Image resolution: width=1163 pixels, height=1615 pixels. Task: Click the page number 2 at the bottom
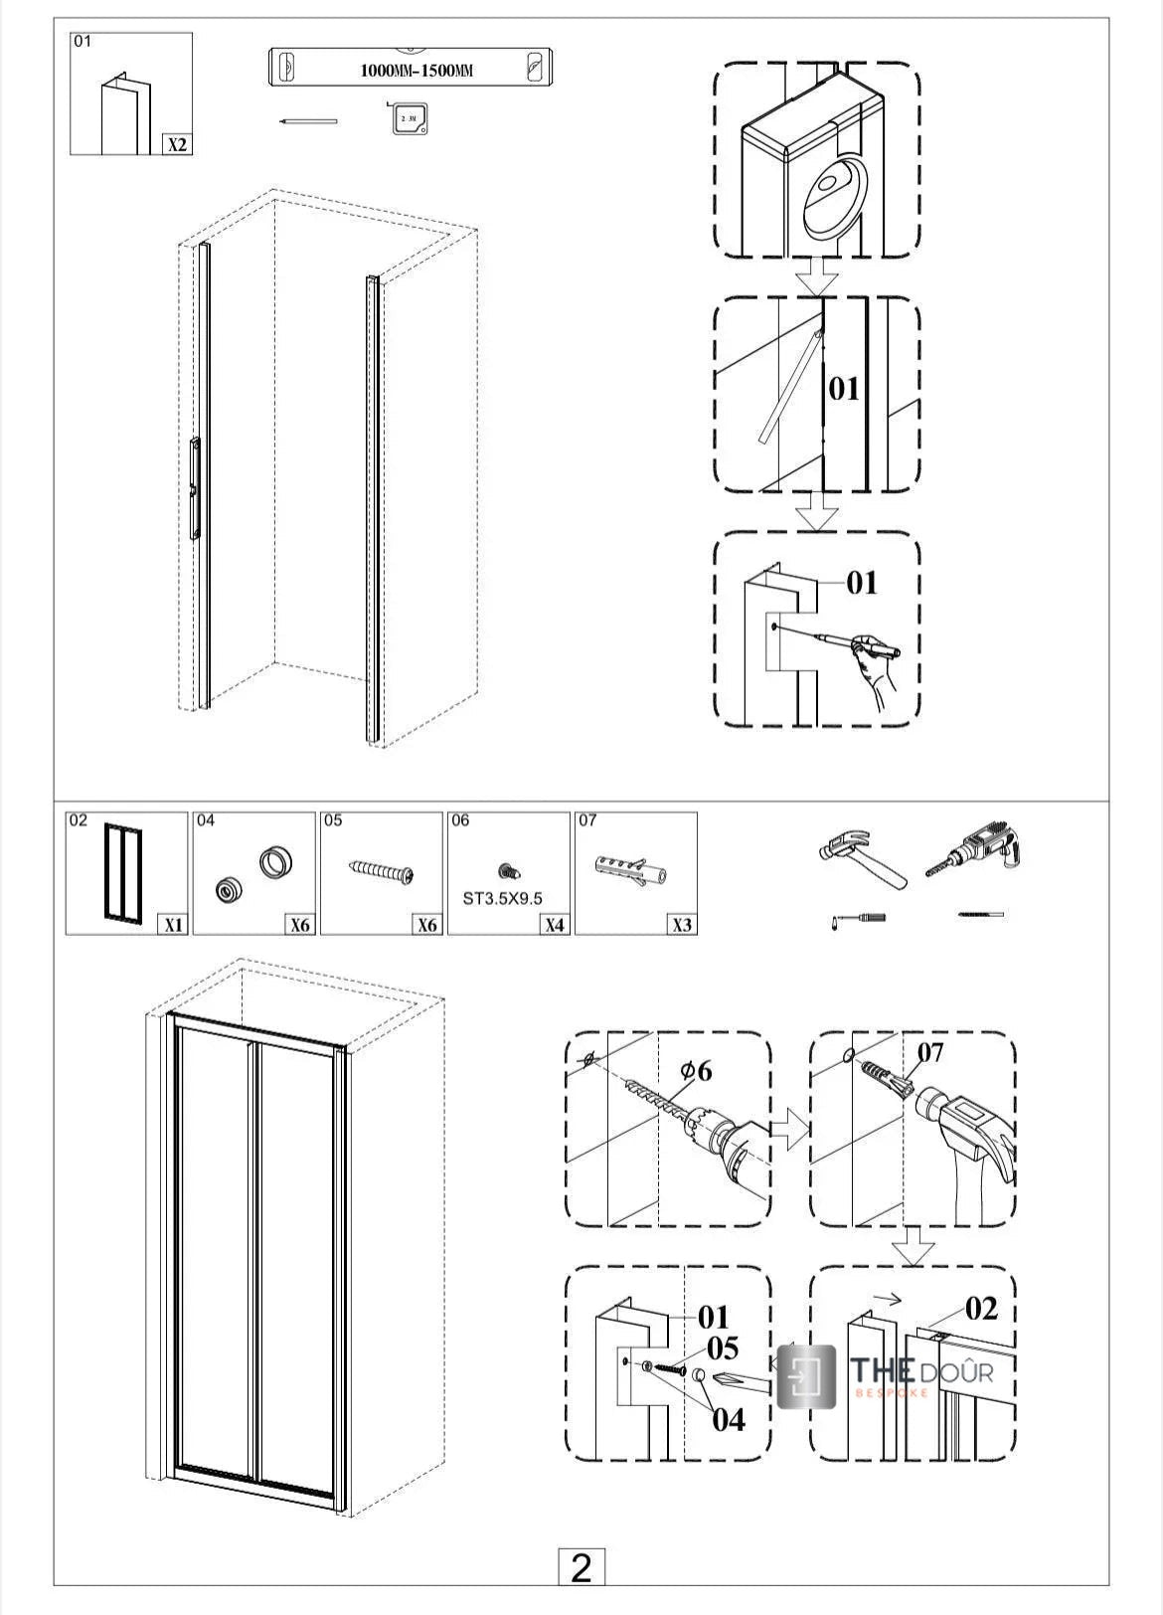(581, 1568)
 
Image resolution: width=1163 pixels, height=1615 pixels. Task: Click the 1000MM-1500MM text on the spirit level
(415, 71)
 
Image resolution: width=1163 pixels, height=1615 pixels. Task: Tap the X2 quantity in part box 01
(177, 144)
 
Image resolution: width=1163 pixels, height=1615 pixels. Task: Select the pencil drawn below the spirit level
(308, 121)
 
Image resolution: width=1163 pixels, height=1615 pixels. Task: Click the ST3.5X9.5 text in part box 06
(503, 898)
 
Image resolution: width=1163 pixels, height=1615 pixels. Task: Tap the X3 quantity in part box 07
(682, 925)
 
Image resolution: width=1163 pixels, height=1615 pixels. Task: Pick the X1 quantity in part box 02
(173, 925)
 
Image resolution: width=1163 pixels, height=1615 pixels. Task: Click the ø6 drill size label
(696, 1071)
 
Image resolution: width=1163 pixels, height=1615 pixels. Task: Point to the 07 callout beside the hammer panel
(930, 1052)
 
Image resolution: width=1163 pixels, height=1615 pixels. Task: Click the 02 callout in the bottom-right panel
(980, 1309)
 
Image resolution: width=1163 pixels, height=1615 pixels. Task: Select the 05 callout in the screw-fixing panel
(723, 1348)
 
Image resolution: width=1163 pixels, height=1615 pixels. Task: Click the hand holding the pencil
(876, 665)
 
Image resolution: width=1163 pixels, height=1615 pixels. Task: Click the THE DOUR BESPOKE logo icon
(806, 1375)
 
